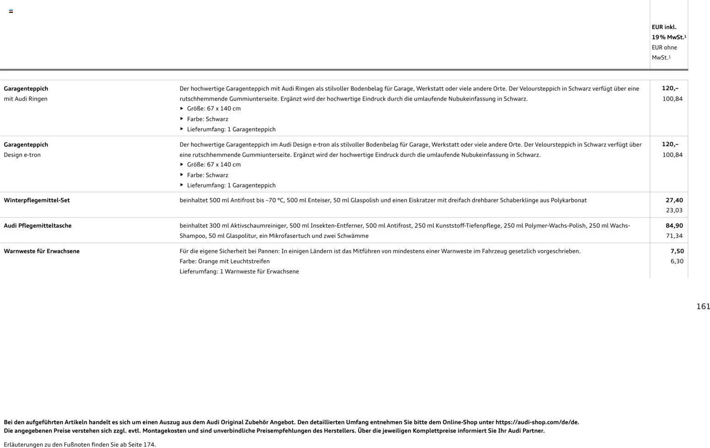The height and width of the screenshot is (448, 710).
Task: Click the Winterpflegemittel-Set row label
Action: click(37, 200)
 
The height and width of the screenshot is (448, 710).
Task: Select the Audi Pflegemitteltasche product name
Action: click(38, 225)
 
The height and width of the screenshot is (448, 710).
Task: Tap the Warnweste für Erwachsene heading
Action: click(42, 251)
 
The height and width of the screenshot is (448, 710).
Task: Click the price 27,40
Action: click(674, 200)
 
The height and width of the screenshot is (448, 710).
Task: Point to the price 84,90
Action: click(674, 225)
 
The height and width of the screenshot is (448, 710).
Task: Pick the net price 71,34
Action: click(674, 236)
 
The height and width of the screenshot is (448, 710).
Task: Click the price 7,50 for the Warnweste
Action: click(677, 251)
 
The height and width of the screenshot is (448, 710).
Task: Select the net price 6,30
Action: click(677, 261)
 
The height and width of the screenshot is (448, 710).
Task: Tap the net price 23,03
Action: click(674, 210)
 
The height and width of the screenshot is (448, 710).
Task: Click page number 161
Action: click(703, 306)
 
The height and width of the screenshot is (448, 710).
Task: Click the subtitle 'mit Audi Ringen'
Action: click(26, 99)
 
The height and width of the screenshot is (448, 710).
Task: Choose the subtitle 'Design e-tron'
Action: click(22, 155)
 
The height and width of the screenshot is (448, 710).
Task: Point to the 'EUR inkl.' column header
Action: click(664, 27)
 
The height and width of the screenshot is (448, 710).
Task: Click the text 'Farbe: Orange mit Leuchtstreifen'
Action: click(224, 261)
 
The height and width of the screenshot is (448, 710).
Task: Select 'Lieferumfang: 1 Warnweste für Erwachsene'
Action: click(239, 272)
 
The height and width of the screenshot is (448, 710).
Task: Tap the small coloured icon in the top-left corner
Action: click(11, 11)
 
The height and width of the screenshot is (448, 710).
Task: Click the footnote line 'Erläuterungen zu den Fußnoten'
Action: click(80, 444)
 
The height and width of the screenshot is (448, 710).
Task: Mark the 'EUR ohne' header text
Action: click(664, 48)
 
